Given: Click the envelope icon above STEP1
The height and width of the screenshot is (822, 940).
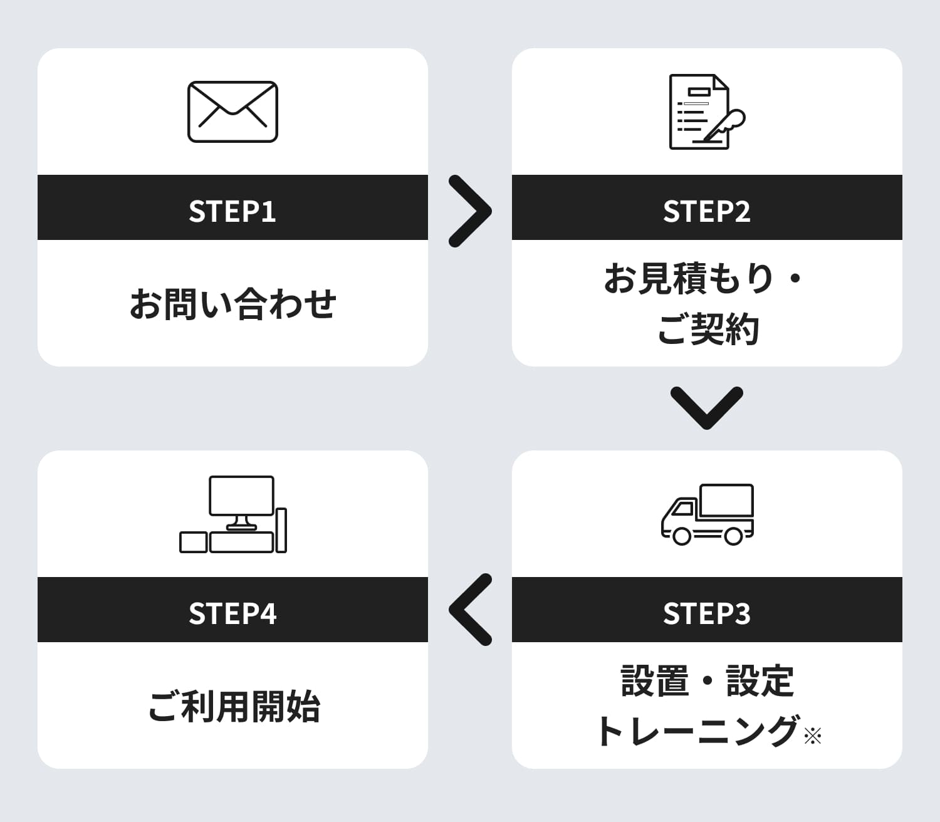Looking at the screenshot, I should point(232,112).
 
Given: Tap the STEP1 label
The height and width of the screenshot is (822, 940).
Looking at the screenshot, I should point(232,211).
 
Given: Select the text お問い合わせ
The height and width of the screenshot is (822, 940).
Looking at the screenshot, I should point(232,304).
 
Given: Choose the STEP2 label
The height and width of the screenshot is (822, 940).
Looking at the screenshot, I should point(707,211).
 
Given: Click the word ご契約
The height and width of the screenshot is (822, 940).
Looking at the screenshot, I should point(708,329).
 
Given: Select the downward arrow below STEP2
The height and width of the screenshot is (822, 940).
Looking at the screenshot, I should point(707,407).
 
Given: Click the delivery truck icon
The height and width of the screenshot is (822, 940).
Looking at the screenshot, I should point(708,514).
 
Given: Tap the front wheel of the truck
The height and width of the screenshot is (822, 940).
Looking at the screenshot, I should point(682,536).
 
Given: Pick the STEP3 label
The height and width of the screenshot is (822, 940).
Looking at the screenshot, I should point(707,613).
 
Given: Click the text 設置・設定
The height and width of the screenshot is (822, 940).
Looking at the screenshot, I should point(707,681).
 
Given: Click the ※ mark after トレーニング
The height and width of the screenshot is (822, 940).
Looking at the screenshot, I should point(812,736).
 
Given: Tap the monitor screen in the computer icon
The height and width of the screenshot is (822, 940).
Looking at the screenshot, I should point(241,495).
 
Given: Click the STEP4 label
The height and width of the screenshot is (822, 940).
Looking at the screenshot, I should point(232,613).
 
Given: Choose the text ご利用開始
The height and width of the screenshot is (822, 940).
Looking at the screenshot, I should point(234,707).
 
